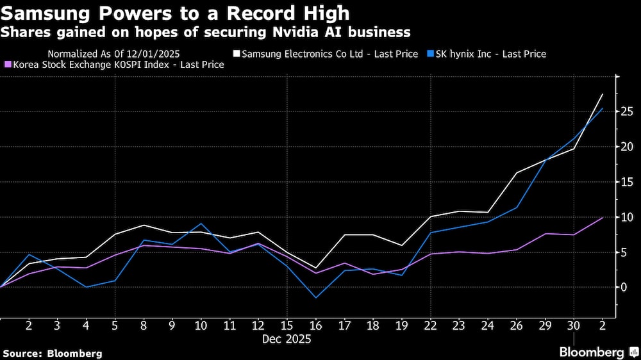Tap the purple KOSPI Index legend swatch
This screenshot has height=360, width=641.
(x=7, y=65)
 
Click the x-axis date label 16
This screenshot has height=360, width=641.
(x=316, y=327)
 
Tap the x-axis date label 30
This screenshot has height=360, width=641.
(x=574, y=327)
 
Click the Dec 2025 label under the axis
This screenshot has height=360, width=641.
(x=287, y=340)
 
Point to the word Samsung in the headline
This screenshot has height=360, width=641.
(x=45, y=14)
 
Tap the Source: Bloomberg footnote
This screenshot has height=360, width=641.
(x=53, y=353)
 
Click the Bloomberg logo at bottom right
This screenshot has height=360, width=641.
(x=592, y=352)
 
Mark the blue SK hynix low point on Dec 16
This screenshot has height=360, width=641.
(x=316, y=298)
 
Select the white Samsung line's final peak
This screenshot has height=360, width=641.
(x=603, y=94)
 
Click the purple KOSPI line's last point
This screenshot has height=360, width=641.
(x=603, y=218)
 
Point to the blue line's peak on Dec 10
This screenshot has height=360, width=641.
(x=201, y=224)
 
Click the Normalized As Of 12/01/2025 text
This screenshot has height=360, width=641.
(x=114, y=54)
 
